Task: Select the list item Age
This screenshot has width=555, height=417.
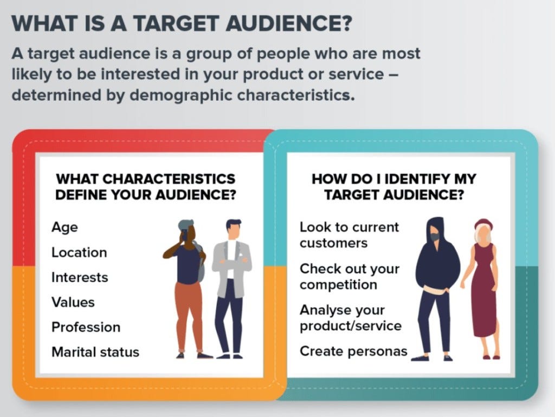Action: pyautogui.click(x=64, y=227)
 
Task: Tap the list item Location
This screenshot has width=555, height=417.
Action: pyautogui.click(x=79, y=252)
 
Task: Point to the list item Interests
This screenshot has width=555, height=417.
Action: pyautogui.click(x=80, y=277)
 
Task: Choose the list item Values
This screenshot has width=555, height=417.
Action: pyautogui.click(x=73, y=302)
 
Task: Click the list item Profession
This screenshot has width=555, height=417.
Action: pyautogui.click(x=86, y=327)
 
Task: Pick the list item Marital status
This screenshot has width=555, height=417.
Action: pyautogui.click(x=95, y=352)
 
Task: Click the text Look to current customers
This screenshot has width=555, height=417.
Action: pyautogui.click(x=349, y=234)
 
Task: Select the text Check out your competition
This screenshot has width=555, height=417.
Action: pyautogui.click(x=349, y=276)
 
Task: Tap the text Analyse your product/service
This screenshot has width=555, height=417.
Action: pyautogui.click(x=350, y=318)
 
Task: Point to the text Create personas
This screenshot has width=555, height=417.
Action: pyautogui.click(x=353, y=351)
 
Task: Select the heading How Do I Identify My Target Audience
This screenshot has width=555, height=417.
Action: pyautogui.click(x=394, y=187)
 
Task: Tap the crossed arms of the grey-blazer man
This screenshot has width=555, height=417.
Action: pyautogui.click(x=232, y=263)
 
